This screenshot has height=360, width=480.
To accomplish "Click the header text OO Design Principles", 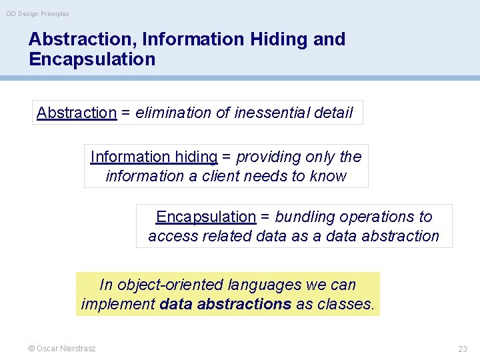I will tap(37, 14).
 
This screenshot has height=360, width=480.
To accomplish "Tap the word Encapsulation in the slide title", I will tap(92, 59).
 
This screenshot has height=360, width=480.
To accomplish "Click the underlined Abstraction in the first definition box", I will tap(77, 113).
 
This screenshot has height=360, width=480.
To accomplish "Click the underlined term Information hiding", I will tap(154, 157).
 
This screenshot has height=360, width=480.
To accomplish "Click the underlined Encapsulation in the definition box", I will tap(206, 217).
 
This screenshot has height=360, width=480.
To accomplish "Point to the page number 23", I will tap(463, 349).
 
